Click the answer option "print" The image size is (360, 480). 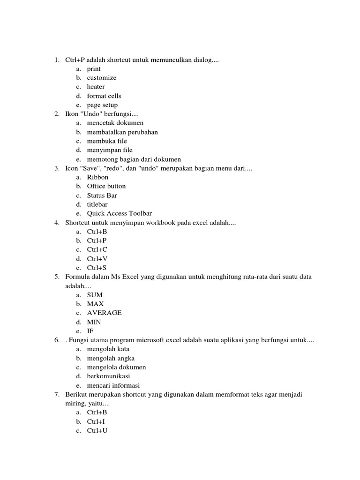(x=94, y=69)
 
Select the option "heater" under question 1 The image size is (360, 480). (x=96, y=87)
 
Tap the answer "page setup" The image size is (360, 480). (x=102, y=105)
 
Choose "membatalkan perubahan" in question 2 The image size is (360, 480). (x=122, y=132)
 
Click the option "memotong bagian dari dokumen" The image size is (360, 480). (x=134, y=159)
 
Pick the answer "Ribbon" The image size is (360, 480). (x=97, y=177)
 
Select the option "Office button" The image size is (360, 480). (x=106, y=186)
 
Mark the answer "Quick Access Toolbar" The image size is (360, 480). (x=119, y=213)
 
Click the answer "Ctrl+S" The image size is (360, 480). (x=97, y=268)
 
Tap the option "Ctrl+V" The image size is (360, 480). (x=97, y=259)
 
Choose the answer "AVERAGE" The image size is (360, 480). (x=104, y=313)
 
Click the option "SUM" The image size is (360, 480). (x=95, y=295)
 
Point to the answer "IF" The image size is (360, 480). (x=90, y=331)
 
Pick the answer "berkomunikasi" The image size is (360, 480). (x=109, y=376)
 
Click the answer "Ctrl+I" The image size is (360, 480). (x=96, y=421)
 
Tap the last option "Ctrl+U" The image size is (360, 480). (x=97, y=430)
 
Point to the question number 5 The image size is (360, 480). (x=56, y=277)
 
